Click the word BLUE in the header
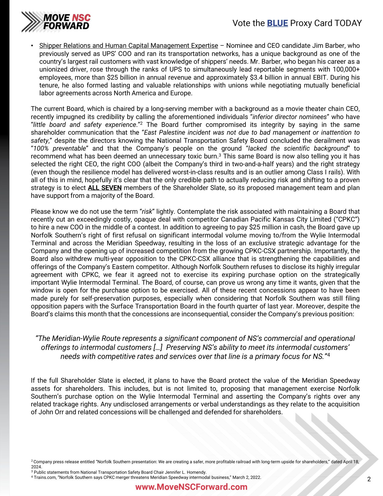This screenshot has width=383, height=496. click(x=277, y=23)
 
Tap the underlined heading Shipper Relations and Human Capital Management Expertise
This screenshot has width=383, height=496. click(x=129, y=46)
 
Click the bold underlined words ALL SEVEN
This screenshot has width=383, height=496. click(x=105, y=188)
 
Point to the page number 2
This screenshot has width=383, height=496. click(x=369, y=479)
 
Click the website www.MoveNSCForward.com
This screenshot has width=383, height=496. click(x=191, y=487)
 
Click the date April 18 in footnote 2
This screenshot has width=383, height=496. click(x=350, y=461)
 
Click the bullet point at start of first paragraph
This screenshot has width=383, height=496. click(x=32, y=46)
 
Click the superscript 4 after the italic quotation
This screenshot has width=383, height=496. click(x=329, y=355)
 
